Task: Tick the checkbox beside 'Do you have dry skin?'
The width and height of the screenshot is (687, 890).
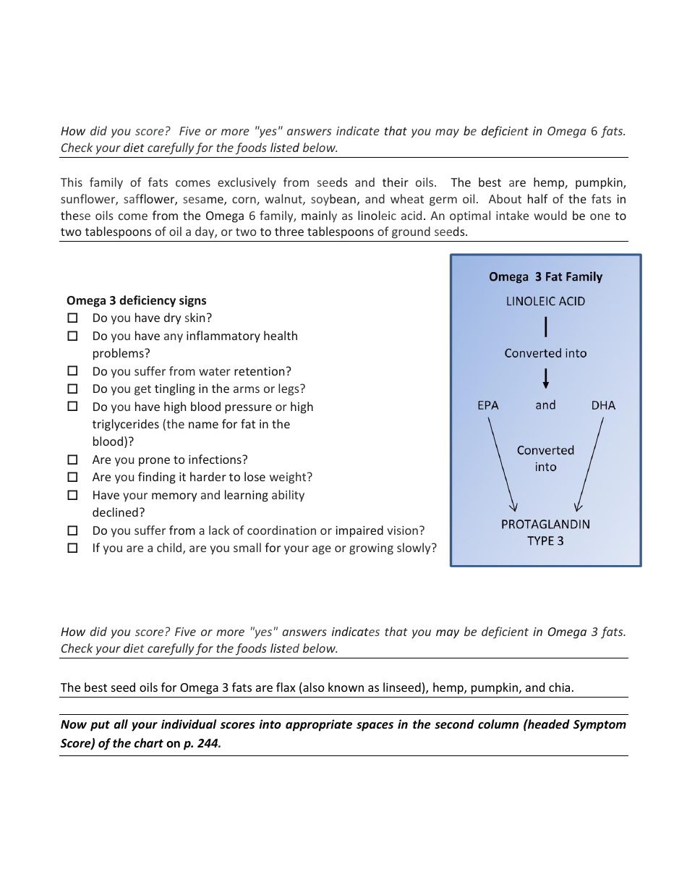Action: click(x=72, y=318)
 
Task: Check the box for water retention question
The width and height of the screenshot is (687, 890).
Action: click(x=72, y=370)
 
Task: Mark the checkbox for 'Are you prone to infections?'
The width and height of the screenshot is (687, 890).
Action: click(x=72, y=459)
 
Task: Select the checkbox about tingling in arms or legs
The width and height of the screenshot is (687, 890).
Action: click(x=72, y=389)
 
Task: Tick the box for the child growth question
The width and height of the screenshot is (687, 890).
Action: click(x=72, y=548)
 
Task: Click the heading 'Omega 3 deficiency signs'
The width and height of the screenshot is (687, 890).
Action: click(x=136, y=300)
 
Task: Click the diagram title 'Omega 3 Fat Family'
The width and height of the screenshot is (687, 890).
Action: click(x=545, y=276)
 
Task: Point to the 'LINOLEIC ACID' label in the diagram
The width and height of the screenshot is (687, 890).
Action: click(x=545, y=301)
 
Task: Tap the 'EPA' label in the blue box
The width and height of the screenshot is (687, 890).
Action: click(x=488, y=405)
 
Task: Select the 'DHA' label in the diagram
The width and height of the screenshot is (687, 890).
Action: click(x=603, y=405)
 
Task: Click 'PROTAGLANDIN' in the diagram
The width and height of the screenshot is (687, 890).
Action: click(x=545, y=524)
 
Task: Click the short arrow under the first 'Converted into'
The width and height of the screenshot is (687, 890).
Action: click(x=546, y=378)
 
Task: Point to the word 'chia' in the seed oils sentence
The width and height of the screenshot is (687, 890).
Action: click(x=560, y=687)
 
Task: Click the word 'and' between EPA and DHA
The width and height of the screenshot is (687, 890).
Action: click(x=545, y=405)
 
